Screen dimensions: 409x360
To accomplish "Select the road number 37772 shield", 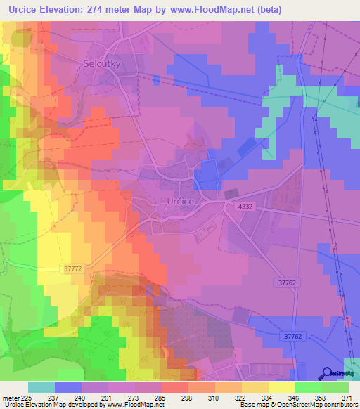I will point(72,268).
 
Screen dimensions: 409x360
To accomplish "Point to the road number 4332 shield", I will point(245,206).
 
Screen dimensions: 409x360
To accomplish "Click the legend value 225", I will point(25,397).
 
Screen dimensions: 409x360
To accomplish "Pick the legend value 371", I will point(345,397).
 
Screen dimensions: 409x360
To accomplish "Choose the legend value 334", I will point(266,397).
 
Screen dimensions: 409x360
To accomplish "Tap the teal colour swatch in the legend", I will point(41,387).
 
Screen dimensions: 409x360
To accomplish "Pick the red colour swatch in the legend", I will point(175,387).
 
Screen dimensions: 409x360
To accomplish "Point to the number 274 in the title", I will point(101,9).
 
